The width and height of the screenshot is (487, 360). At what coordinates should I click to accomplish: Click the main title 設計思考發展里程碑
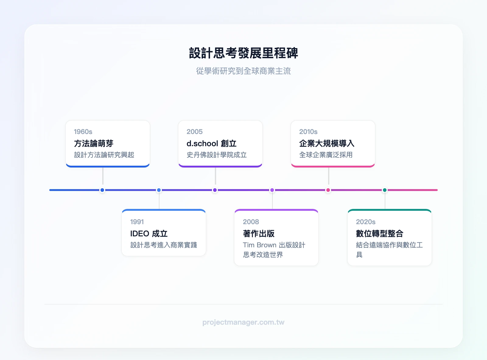[243, 53]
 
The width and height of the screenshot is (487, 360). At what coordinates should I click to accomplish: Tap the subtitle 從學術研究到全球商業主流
[243, 71]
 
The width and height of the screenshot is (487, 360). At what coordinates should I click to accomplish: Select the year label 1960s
[83, 132]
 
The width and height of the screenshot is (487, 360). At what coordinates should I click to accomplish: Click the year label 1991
[137, 222]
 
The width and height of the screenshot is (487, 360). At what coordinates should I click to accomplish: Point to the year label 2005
[194, 132]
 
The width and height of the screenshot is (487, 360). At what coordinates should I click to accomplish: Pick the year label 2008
[251, 222]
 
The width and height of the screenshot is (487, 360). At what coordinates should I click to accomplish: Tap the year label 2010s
[308, 132]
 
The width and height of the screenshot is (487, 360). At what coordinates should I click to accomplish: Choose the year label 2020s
[366, 222]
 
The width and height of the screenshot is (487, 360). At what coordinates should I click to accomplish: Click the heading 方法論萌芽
[94, 143]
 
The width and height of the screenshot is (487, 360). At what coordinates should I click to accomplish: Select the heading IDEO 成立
[149, 234]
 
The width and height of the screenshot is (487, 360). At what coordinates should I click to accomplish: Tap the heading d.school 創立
[212, 143]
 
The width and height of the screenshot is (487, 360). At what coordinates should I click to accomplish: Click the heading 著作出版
[259, 234]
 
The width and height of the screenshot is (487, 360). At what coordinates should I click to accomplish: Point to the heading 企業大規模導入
[327, 143]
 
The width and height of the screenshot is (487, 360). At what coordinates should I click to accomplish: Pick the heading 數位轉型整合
[380, 234]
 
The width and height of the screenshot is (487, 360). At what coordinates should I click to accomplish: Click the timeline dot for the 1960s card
[102, 190]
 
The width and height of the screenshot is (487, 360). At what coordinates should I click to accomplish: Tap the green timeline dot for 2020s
[385, 190]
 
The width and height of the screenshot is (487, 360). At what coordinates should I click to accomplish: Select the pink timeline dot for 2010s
[328, 190]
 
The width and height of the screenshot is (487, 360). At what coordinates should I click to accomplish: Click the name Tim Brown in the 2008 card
[260, 245]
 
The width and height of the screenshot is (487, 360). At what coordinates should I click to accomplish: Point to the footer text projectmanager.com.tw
[243, 322]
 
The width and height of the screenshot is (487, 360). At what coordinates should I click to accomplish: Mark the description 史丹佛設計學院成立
[217, 155]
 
